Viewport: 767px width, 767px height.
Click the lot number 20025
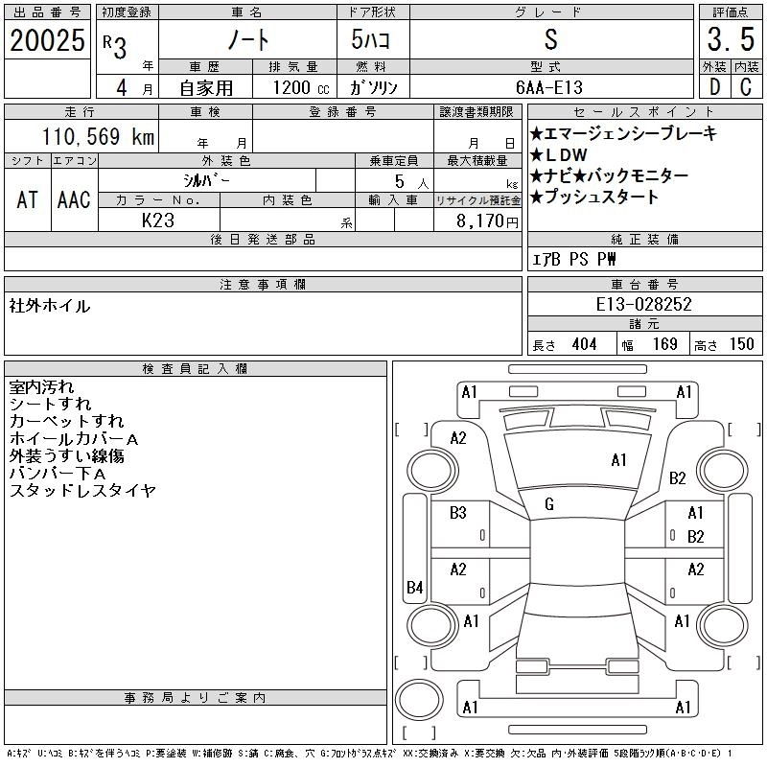click(47, 40)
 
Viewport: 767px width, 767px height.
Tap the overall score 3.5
click(731, 39)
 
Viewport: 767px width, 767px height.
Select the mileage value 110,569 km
click(98, 136)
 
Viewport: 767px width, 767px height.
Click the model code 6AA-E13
click(549, 87)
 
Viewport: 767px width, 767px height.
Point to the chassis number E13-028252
click(643, 304)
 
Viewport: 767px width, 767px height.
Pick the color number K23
click(158, 221)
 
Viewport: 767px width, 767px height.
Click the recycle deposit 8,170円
click(487, 221)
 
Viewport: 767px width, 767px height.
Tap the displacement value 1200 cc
click(301, 87)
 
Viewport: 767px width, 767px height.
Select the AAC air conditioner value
click(74, 199)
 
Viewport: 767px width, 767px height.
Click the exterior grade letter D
click(714, 87)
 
